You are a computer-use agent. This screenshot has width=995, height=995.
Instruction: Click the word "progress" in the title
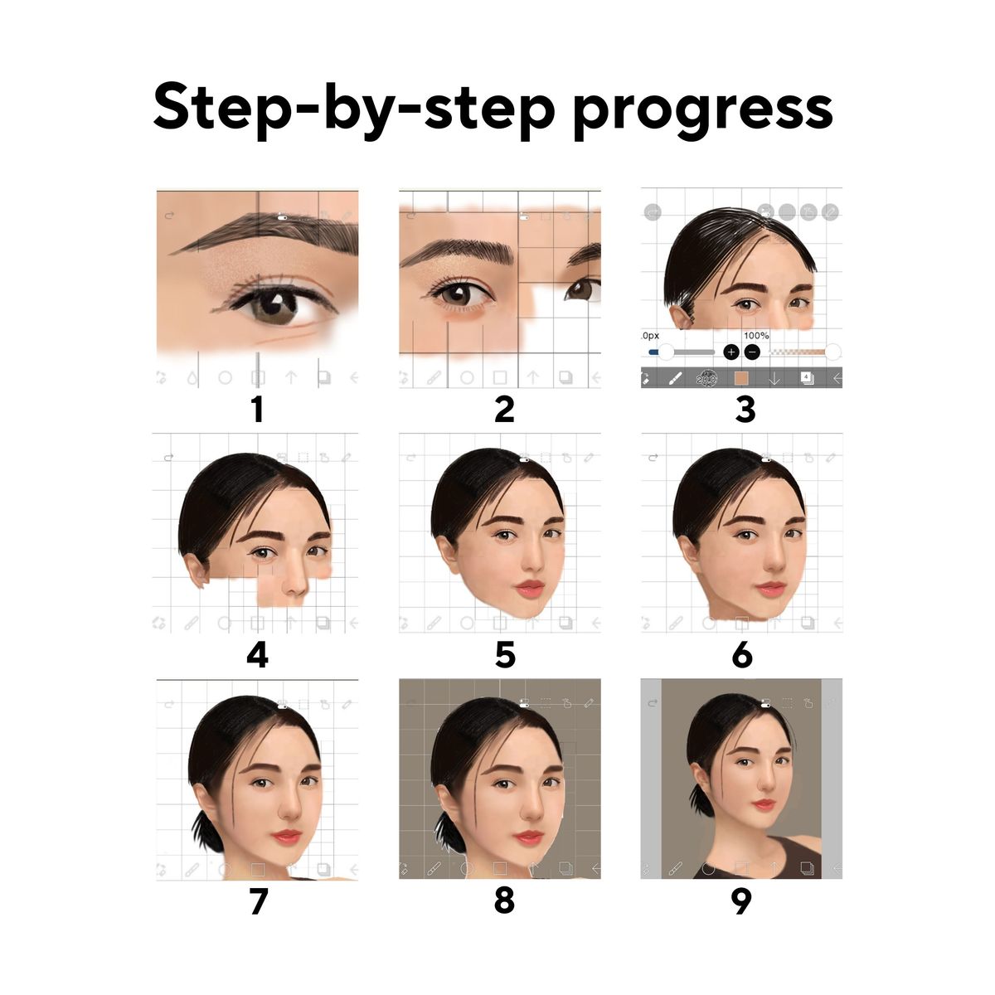(x=703, y=110)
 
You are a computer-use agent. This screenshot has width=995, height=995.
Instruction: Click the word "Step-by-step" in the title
(x=354, y=109)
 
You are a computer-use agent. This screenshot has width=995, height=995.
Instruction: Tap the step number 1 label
(x=258, y=410)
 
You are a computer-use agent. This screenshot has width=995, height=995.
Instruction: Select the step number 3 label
(x=745, y=410)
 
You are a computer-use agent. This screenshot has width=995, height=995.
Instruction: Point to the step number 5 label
(x=505, y=656)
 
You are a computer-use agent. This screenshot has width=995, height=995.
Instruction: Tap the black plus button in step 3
(x=731, y=352)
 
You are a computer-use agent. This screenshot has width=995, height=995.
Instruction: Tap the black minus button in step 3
(x=753, y=352)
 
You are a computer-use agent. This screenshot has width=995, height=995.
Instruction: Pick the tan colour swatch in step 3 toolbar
(x=741, y=378)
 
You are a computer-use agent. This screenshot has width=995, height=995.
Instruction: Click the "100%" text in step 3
(x=756, y=336)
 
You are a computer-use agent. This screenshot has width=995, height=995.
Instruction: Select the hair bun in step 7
(x=207, y=831)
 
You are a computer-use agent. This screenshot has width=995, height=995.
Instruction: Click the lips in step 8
(x=528, y=837)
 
